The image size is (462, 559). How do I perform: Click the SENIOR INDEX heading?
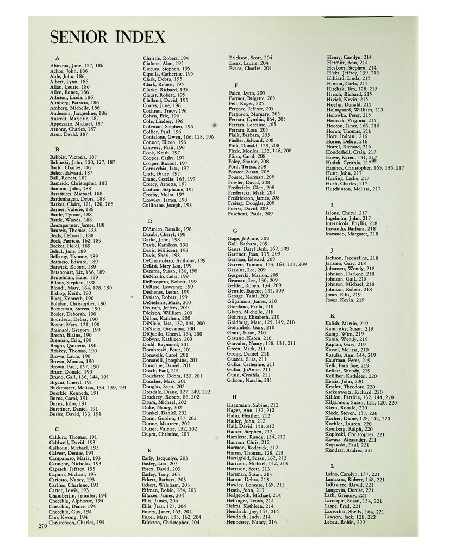point(107,38)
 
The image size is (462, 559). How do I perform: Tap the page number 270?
point(42,526)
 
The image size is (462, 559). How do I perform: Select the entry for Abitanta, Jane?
point(76,66)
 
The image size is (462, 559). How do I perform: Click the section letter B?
point(57,148)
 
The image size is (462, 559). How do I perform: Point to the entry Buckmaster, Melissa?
point(88,388)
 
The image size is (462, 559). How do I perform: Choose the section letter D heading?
point(150,221)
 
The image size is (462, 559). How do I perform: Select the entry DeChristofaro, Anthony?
point(174,260)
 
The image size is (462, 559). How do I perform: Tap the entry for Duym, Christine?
point(166,434)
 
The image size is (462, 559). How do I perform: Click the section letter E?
point(149,450)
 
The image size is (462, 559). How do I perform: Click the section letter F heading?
point(235,85)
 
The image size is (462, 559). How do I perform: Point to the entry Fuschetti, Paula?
point(251,214)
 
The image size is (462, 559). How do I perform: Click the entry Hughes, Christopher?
point(365,168)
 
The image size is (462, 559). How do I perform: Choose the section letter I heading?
point(332,205)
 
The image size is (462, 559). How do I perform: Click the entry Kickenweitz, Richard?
point(354,392)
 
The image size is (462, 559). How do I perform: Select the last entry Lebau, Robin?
point(345,522)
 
